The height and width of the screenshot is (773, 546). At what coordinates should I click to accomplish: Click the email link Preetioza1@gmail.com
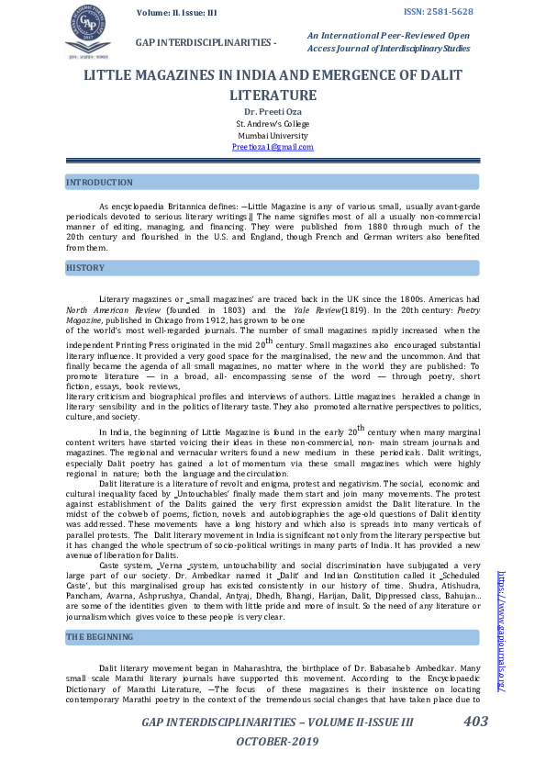[273, 147]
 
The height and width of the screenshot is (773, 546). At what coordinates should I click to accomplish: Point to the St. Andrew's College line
[273, 123]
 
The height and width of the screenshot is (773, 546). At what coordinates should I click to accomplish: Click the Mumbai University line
[273, 135]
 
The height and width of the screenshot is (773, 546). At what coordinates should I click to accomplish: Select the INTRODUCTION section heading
[100, 183]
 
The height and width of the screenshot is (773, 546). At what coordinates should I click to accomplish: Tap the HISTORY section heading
[85, 267]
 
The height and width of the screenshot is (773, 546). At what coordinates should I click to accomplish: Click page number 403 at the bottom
[475, 722]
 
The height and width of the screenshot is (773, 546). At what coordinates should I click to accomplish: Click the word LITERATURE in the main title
[273, 95]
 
